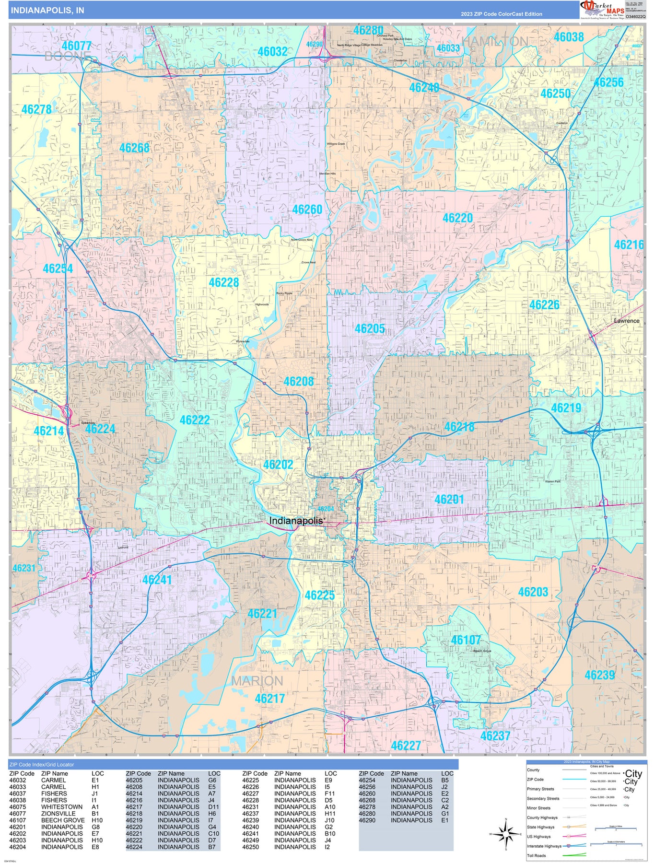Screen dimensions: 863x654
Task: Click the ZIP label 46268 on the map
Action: coord(134,148)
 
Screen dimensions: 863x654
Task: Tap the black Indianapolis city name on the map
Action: coord(296,521)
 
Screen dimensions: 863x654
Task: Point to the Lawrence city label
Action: coord(627,321)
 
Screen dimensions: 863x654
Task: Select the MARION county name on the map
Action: coord(257,681)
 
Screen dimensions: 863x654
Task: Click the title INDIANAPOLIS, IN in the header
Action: coord(47,10)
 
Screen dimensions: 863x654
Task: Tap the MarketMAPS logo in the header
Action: coord(602,9)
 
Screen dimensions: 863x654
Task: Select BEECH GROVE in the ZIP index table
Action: coord(63,820)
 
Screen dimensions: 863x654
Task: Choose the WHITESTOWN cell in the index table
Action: coord(62,806)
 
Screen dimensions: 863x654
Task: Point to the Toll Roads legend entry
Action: coord(537,855)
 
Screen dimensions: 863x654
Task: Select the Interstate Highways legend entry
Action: coord(544,846)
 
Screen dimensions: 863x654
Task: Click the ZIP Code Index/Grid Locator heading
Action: coord(42,764)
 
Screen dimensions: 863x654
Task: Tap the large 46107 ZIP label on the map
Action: coord(465,640)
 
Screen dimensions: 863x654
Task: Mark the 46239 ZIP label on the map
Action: coord(599,675)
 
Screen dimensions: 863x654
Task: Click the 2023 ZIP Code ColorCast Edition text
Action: coord(502,14)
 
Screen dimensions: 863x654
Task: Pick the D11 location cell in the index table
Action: coord(213,806)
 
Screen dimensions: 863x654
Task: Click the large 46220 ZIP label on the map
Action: coord(457,218)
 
